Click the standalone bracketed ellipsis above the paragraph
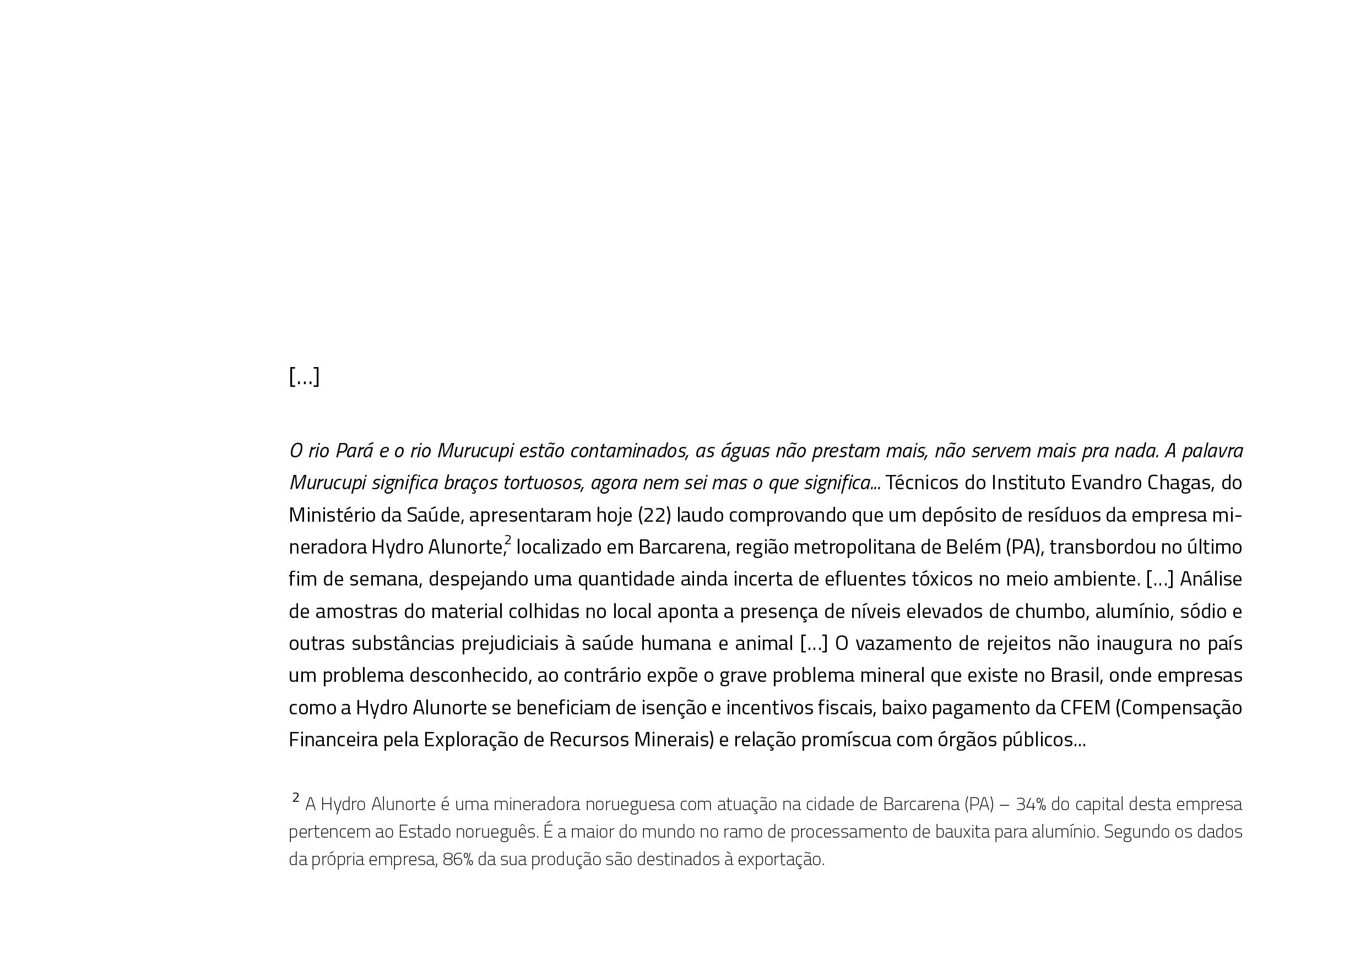[304, 376]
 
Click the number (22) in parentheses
[654, 515]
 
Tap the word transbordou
[1102, 547]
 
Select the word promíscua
[845, 740]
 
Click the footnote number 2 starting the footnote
[296, 798]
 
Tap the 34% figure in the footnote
[1031, 805]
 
